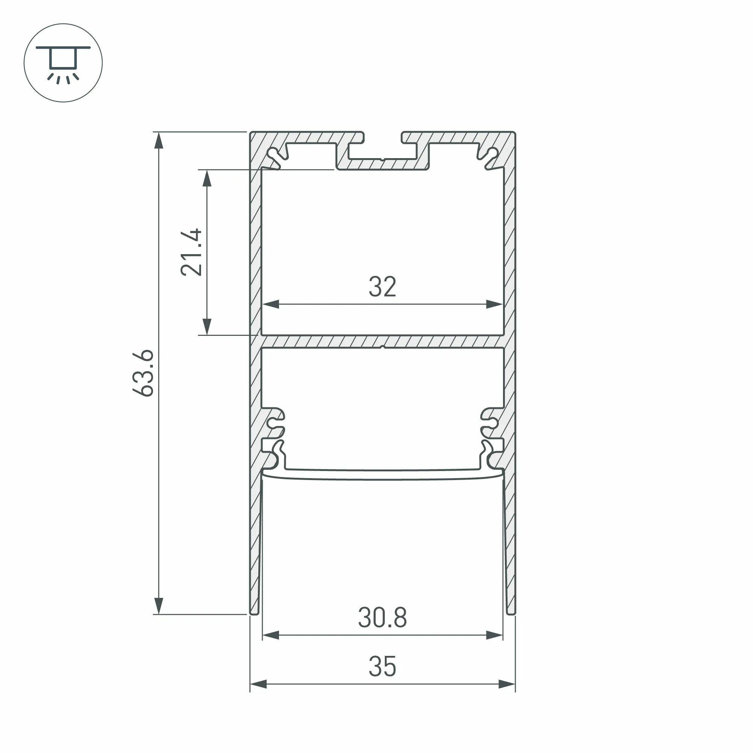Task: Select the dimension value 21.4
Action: point(192,253)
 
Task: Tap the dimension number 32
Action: point(383,287)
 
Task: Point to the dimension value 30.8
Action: point(383,618)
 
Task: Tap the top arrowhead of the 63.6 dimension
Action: point(159,140)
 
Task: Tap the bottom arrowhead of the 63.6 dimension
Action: point(159,605)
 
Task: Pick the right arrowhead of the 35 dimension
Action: point(507,684)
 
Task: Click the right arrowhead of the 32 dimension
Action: point(494,304)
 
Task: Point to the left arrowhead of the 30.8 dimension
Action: point(271,635)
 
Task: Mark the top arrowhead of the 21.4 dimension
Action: point(207,178)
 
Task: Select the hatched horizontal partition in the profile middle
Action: point(383,341)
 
